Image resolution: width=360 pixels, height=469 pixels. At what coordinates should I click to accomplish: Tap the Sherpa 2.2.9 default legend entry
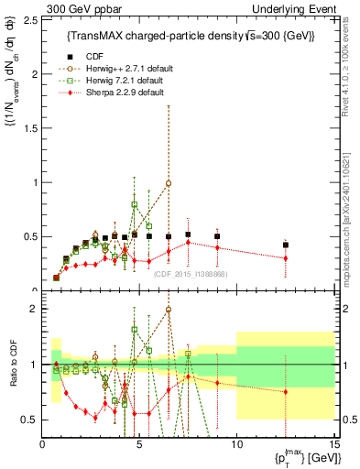tap(117, 93)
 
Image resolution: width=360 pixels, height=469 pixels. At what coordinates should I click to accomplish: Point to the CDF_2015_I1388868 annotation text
tap(191, 274)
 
